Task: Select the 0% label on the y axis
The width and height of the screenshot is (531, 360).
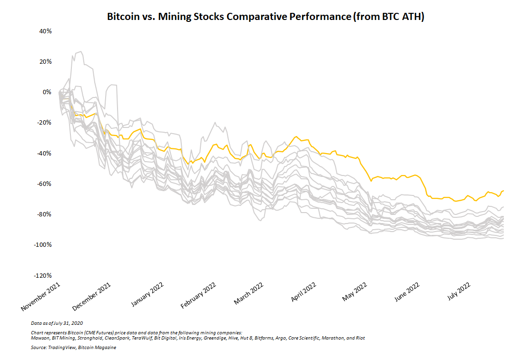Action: [x=47, y=92]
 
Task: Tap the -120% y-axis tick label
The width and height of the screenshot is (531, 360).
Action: [x=42, y=276]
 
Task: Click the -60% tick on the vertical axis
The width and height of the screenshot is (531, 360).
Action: [x=44, y=184]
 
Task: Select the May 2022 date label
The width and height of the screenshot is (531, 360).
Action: [x=355, y=292]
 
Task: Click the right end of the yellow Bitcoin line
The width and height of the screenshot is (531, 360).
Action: [x=503, y=191]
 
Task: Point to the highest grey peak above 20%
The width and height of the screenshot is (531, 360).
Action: [x=81, y=51]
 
